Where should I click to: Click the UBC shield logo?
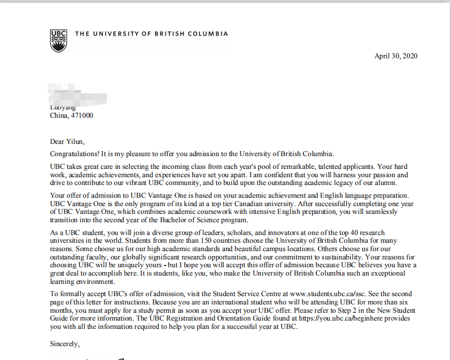58,40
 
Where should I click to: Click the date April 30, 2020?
395,56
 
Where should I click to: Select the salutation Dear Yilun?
67,142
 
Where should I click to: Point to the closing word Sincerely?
64,344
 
